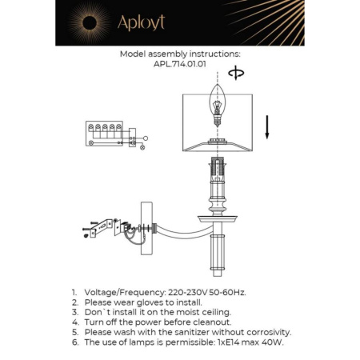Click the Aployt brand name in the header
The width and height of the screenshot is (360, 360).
[x=141, y=23]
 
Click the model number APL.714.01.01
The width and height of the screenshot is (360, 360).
[x=179, y=66]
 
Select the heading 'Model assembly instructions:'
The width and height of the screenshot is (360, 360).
[x=179, y=55]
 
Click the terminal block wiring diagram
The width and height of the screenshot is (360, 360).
[x=108, y=136]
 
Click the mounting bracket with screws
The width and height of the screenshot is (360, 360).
[x=104, y=229]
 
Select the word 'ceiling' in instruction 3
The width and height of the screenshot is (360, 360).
[x=213, y=313]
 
